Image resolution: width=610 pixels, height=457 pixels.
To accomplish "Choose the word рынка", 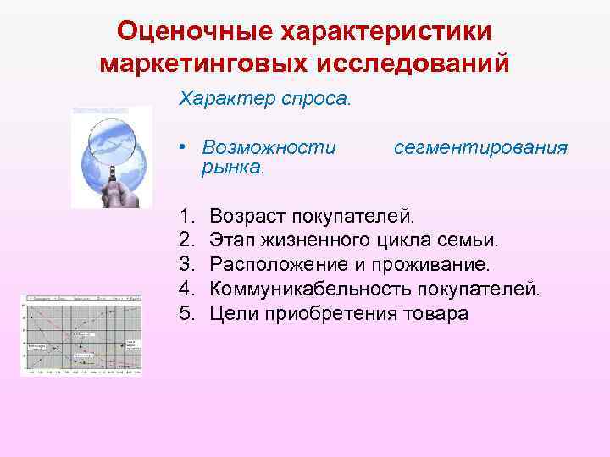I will click(232, 168).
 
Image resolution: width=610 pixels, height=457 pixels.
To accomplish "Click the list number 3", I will click(186, 265).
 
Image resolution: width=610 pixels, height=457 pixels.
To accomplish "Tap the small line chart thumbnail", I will click(81, 335).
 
